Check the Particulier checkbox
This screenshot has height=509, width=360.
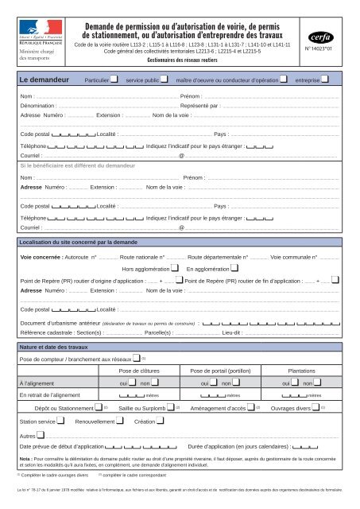pyautogui.click(x=116, y=80)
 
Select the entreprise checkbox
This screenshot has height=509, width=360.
pyautogui.click(x=327, y=80)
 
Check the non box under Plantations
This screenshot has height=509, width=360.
pyautogui.click(x=314, y=383)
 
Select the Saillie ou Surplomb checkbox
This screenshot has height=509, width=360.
pyautogui.click(x=170, y=407)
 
